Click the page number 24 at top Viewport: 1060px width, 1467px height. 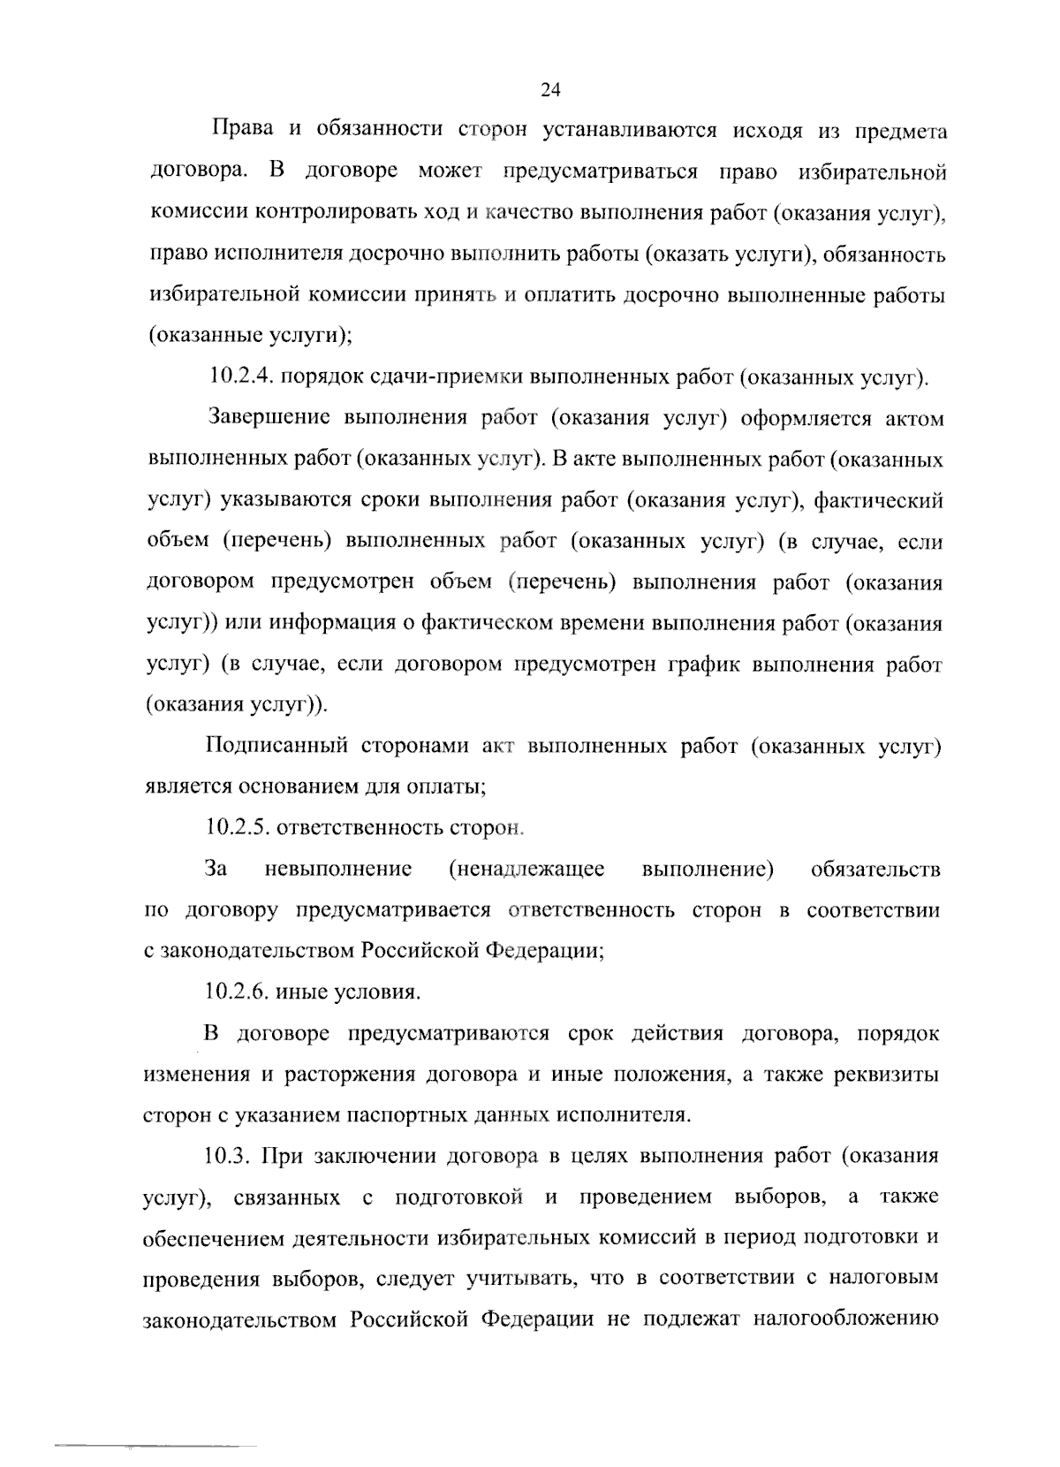click(550, 89)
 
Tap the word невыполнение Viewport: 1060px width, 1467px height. click(338, 869)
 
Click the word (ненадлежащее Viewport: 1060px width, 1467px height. click(526, 869)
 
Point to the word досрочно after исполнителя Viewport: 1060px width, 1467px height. click(395, 255)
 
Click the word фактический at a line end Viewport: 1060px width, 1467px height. click(878, 501)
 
